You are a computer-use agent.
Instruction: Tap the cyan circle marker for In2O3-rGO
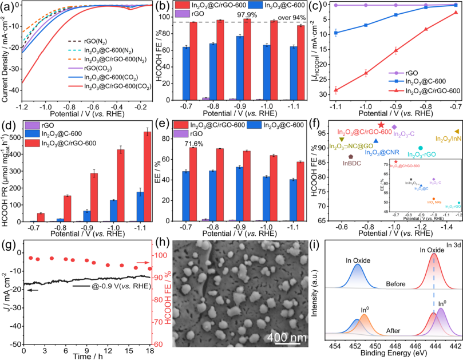(x=420, y=148)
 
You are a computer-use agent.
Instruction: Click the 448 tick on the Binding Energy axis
(x=394, y=347)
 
